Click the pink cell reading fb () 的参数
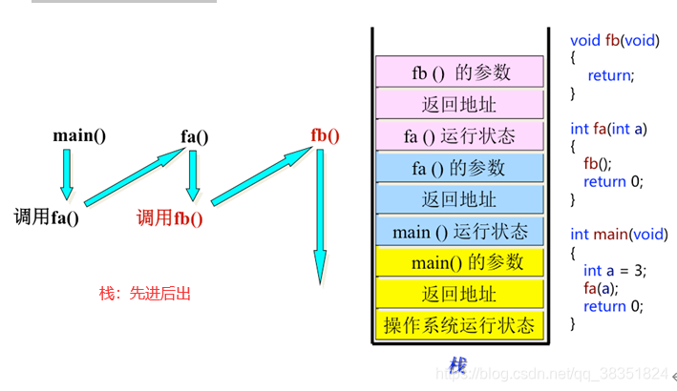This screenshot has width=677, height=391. pos(459,72)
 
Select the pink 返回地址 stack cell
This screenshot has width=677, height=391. pos(459,104)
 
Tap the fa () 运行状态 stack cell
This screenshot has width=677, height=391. pos(459,135)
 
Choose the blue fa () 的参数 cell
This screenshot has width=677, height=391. pos(459,167)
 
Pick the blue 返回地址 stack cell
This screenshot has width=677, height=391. pos(459,198)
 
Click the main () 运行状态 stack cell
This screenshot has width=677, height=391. pos(459,231)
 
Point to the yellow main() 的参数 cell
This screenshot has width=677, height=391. pos(459,261)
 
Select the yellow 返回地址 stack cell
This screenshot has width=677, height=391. pos(459,293)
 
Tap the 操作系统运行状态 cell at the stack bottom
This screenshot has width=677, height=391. pos(459,324)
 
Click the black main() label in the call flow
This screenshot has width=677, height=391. pos(79,134)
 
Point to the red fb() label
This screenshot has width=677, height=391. pos(325,134)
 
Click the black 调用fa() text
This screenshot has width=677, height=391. pos(46,216)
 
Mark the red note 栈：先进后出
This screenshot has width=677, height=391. pos(145,293)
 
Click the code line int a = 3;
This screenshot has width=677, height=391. pos(615,271)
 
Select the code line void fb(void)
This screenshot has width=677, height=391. pos(615,40)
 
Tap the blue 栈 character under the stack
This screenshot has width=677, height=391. pos(457,365)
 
